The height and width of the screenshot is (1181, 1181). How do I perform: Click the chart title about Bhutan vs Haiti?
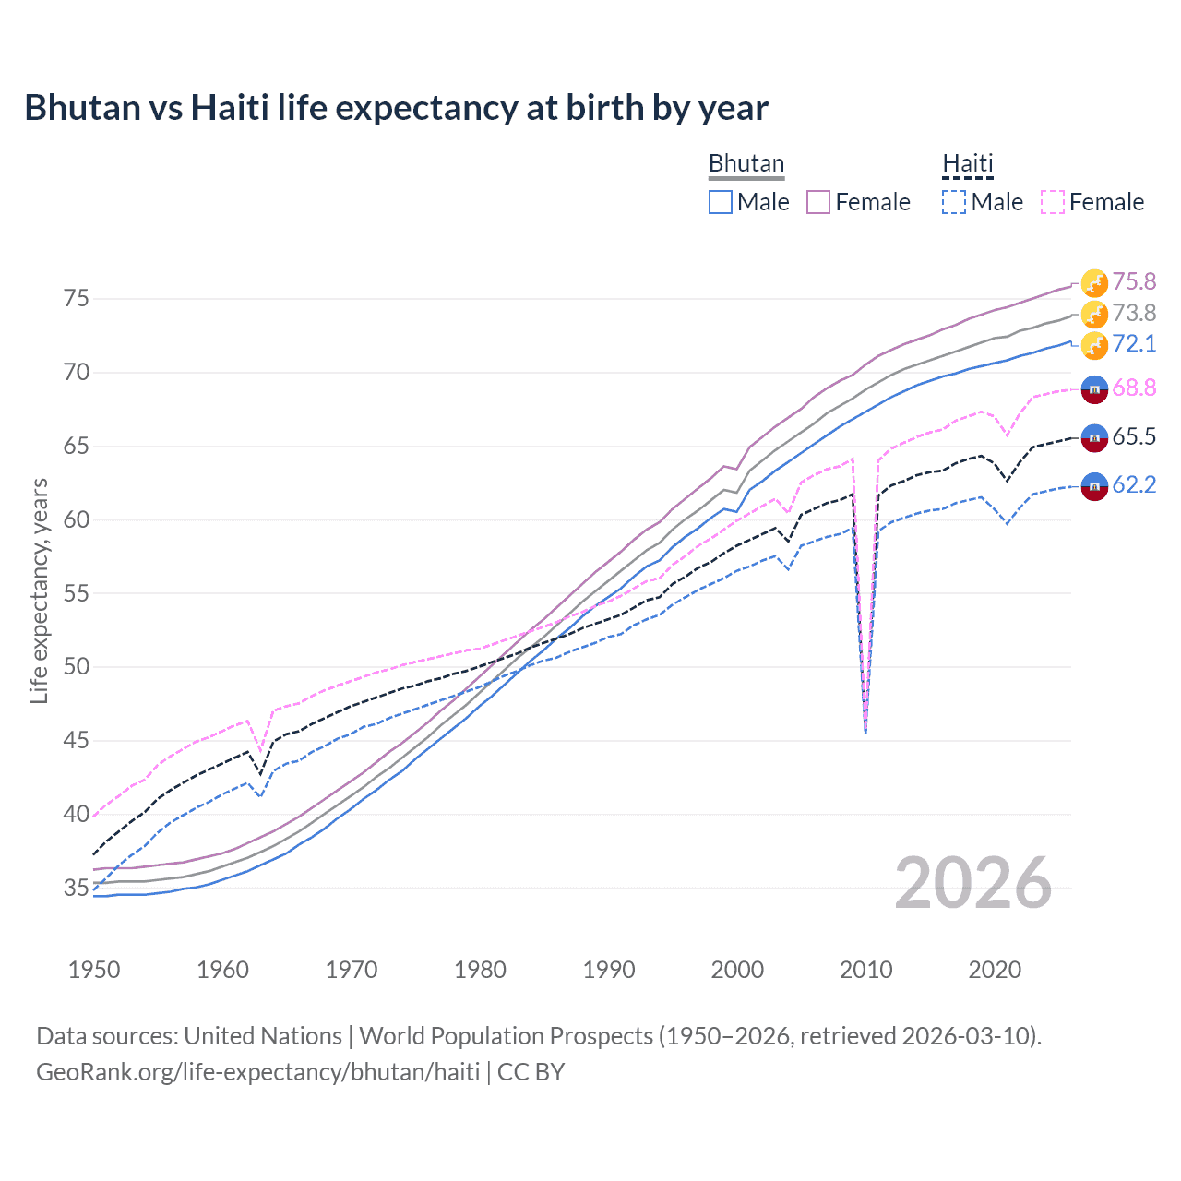[396, 108]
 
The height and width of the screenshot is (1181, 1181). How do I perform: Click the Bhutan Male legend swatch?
[721, 202]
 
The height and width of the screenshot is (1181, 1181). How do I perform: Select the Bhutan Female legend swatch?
[818, 202]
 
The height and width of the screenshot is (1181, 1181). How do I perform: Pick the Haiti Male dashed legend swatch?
[954, 202]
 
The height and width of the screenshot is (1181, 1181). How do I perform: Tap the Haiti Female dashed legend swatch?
[1052, 202]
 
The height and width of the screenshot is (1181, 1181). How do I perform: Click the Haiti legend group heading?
[967, 164]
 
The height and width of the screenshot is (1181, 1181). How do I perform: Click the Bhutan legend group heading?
[746, 164]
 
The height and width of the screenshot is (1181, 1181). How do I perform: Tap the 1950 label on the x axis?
[94, 970]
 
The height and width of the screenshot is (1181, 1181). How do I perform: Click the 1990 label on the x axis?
[609, 970]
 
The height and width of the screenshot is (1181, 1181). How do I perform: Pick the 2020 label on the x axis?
[995, 970]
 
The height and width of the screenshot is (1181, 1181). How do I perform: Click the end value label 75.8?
[1134, 281]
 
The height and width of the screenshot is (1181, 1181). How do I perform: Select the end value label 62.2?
[1134, 484]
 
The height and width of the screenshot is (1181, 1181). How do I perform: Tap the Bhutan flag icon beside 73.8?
[1094, 314]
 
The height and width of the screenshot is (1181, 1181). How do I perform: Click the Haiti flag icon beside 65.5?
[1094, 437]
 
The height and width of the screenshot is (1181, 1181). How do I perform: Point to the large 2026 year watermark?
[972, 883]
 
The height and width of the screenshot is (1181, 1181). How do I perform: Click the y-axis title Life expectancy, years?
[40, 590]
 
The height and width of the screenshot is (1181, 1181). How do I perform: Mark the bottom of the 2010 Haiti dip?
[865, 734]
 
